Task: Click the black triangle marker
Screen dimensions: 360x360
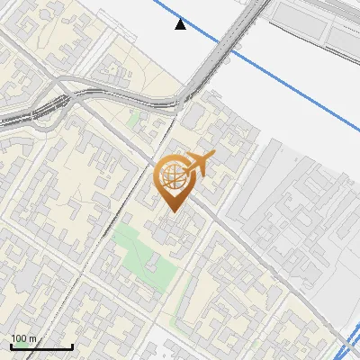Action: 181,24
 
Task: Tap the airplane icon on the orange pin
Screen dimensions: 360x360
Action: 200,163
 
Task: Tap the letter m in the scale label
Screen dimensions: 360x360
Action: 33,338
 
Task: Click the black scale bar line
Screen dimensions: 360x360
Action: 40,347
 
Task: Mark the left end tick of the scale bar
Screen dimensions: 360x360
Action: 11,346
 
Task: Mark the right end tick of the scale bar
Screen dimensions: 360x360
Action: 72,346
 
